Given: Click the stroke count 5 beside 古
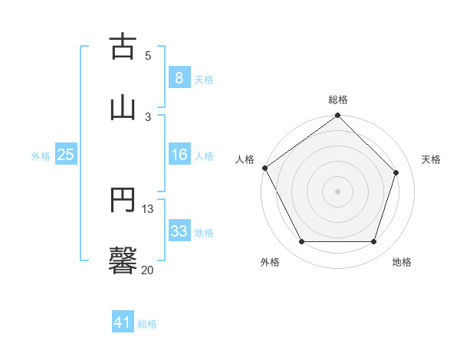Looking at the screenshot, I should [x=148, y=55].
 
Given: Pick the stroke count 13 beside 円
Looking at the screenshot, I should [x=148, y=208].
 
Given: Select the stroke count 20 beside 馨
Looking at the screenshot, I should [x=148, y=270].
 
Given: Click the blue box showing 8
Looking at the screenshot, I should [x=179, y=78].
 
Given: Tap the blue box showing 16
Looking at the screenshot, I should [x=179, y=155].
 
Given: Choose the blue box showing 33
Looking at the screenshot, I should [x=179, y=231].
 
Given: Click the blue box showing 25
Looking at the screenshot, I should [x=66, y=155].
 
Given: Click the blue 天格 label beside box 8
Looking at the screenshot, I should [x=204, y=79].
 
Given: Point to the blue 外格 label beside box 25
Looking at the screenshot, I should [x=41, y=155].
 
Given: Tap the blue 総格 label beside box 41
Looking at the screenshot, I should [x=147, y=324].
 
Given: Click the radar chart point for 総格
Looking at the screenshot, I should [x=337, y=116].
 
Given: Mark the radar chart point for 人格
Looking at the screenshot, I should [x=265, y=168].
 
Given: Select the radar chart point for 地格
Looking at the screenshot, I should [x=373, y=242].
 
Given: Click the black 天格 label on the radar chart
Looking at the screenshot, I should [x=431, y=159].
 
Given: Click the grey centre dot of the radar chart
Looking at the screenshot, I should [x=337, y=191].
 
